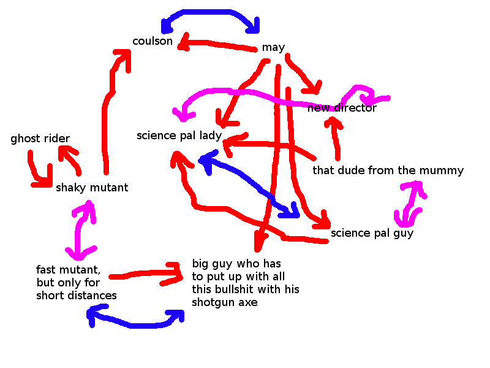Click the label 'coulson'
pyautogui.click(x=153, y=42)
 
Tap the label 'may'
pyautogui.click(x=273, y=48)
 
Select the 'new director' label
pyautogui.click(x=342, y=109)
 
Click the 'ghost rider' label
pyautogui.click(x=40, y=139)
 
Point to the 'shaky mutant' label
pyautogui.click(x=92, y=188)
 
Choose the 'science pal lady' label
pyautogui.click(x=179, y=136)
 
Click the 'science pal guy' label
pyautogui.click(x=372, y=233)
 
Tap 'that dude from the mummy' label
pyautogui.click(x=388, y=171)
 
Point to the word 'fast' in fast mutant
pyautogui.click(x=47, y=270)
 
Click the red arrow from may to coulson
pyautogui.click(x=217, y=45)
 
